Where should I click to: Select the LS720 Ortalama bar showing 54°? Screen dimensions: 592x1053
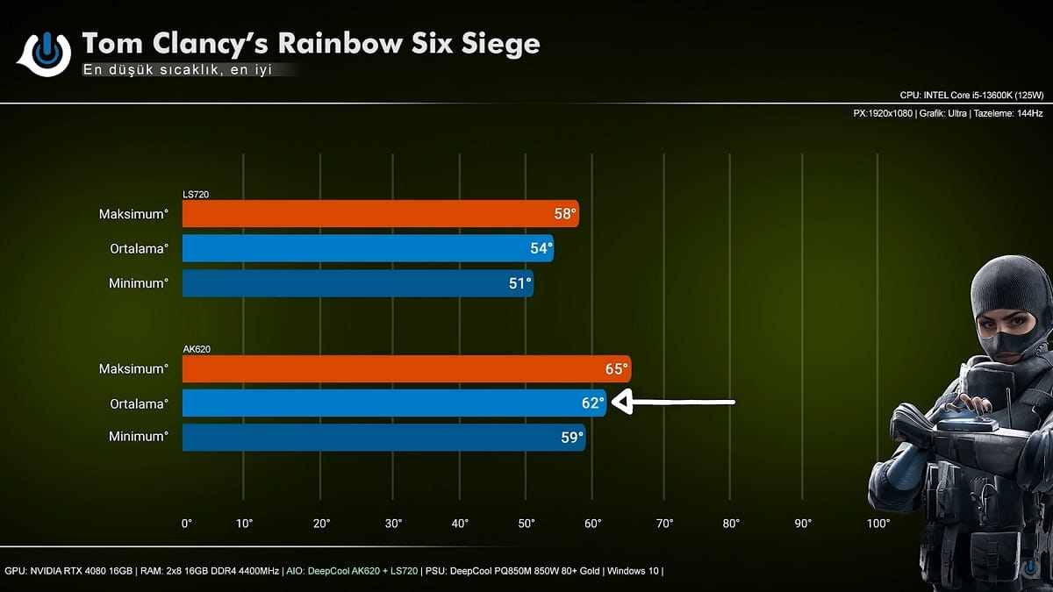click(x=368, y=248)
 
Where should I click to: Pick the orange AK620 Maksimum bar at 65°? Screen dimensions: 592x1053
click(x=406, y=369)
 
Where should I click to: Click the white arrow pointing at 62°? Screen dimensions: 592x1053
click(x=672, y=403)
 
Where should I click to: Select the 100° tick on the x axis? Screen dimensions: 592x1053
click(x=877, y=524)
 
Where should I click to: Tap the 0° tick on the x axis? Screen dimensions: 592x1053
click(x=186, y=524)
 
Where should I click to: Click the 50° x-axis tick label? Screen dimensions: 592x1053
click(x=526, y=524)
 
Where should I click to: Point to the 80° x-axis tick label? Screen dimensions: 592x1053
click(x=731, y=524)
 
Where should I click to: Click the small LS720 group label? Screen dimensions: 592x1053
click(x=196, y=194)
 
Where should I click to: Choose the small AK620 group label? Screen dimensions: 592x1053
click(x=197, y=349)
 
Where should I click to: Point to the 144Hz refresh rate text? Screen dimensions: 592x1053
click(x=1024, y=114)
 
